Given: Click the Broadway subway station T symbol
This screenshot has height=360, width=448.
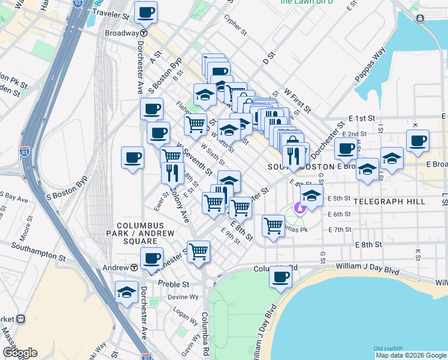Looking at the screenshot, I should pyautogui.click(x=144, y=33).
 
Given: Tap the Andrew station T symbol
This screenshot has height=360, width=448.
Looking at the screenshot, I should pyautogui.click(x=135, y=267).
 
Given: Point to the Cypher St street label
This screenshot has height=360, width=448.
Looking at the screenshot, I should pyautogui.click(x=235, y=25).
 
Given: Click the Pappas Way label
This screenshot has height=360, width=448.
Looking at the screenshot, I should pyautogui.click(x=376, y=62).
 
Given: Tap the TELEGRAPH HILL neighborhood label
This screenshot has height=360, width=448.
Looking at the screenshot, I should pyautogui.click(x=389, y=202).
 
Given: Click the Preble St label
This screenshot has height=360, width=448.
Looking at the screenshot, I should pyautogui.click(x=174, y=284).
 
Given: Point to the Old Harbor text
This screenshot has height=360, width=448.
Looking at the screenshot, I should pyautogui.click(x=387, y=349).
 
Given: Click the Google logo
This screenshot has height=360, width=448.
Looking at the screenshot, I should pyautogui.click(x=20, y=353).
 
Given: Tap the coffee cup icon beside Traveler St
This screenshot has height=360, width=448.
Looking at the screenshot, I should pyautogui.click(x=146, y=12).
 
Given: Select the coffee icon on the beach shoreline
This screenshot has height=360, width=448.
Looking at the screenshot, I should pyautogui.click(x=280, y=277).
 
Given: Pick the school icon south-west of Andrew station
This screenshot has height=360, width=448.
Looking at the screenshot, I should pyautogui.click(x=126, y=292).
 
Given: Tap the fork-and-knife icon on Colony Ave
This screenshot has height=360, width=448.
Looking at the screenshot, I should pyautogui.click(x=172, y=173).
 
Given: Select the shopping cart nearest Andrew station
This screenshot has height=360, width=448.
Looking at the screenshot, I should pyautogui.click(x=198, y=252).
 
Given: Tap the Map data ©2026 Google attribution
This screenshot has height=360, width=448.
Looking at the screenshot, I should pyautogui.click(x=411, y=355).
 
